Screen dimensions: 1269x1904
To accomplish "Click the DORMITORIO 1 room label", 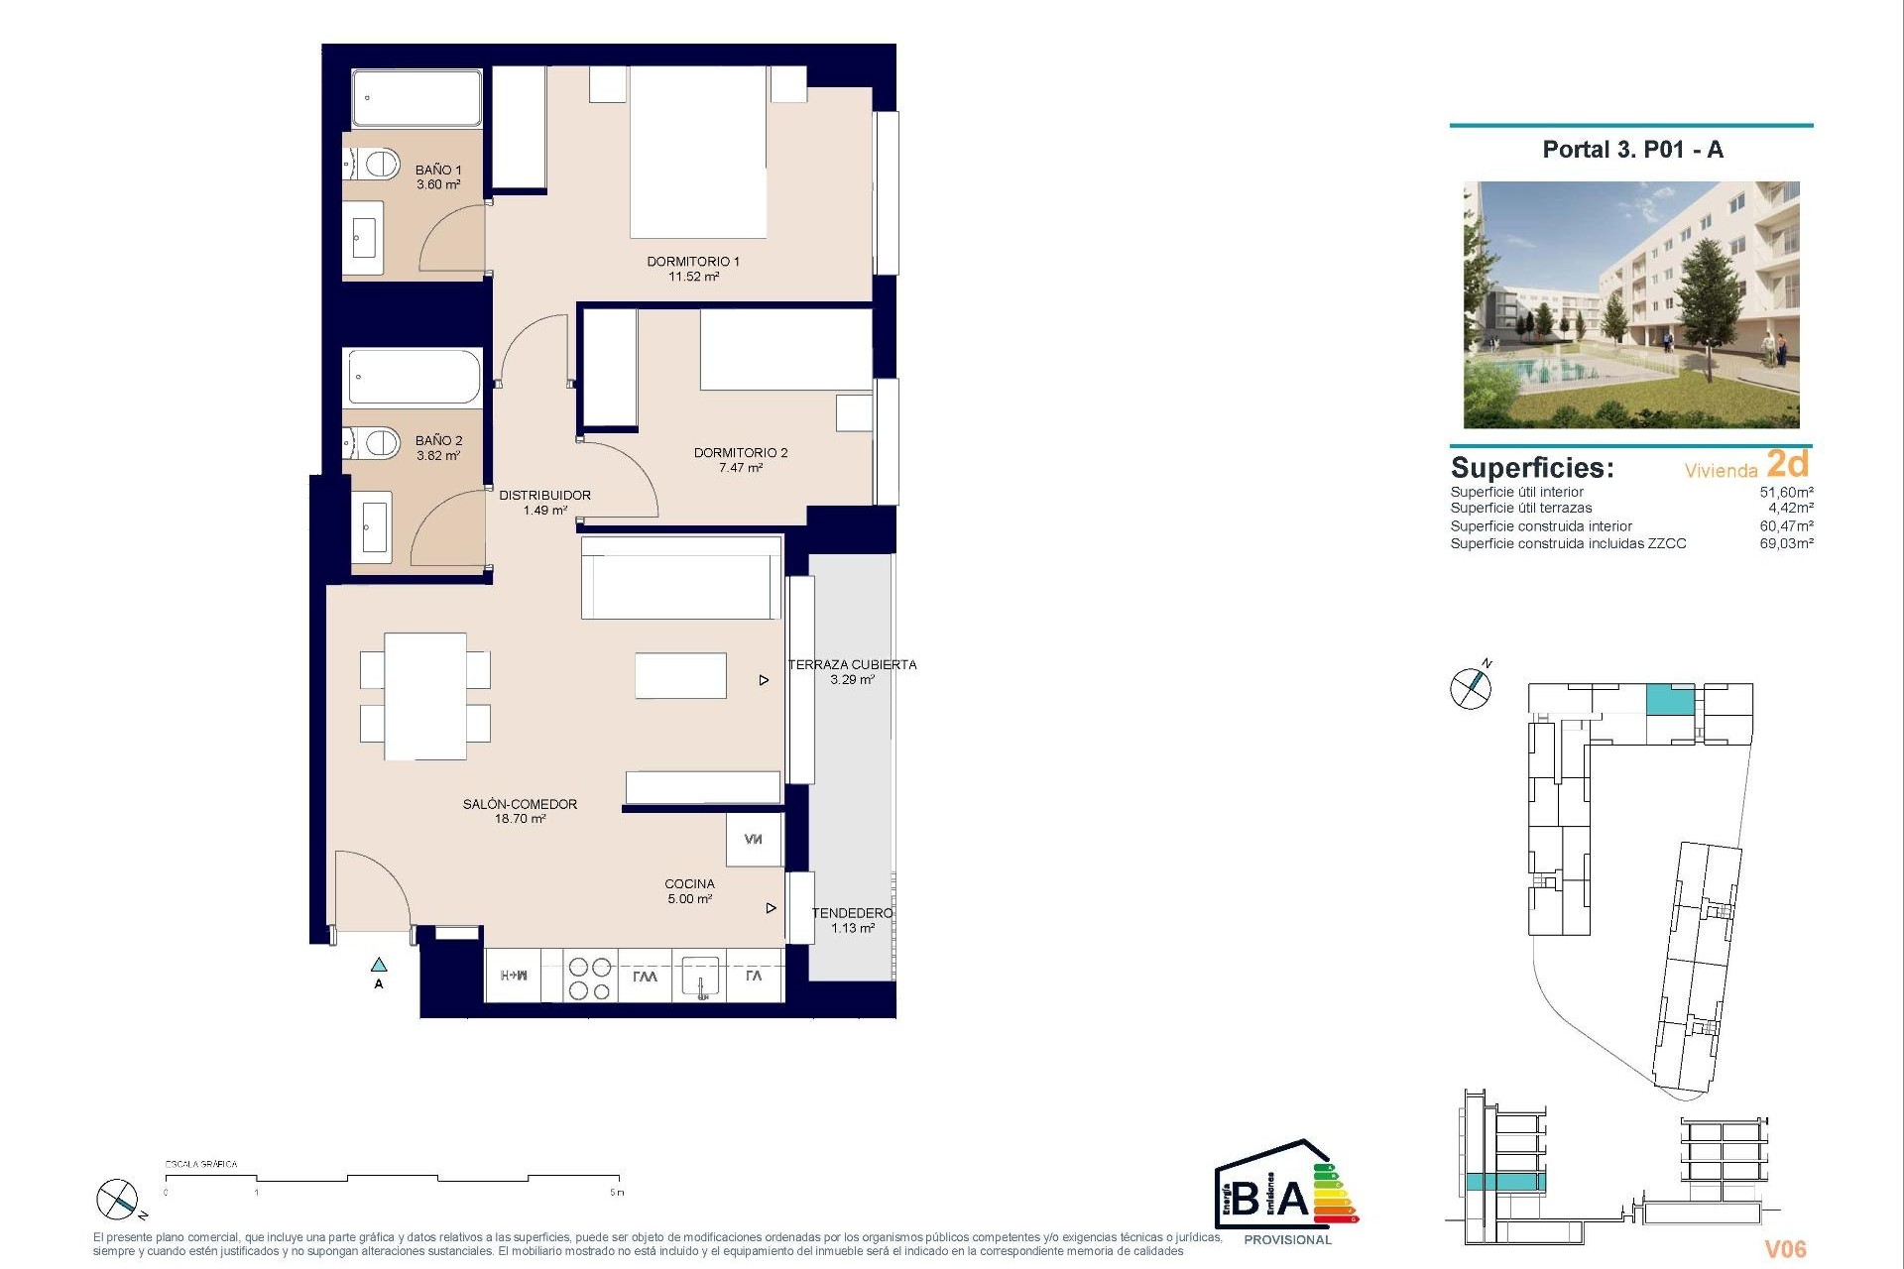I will (x=693, y=269).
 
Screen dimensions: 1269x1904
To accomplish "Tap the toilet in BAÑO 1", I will (x=376, y=164).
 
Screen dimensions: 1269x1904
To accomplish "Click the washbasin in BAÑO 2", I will (x=374, y=526).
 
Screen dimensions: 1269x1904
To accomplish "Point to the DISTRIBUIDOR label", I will (x=544, y=503).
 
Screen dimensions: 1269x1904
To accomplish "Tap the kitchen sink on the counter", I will (x=700, y=976).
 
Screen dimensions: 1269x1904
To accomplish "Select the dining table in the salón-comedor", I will (x=424, y=696).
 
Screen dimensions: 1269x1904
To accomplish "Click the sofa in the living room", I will (x=681, y=578).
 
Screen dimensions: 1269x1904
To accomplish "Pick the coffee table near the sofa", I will (x=680, y=675).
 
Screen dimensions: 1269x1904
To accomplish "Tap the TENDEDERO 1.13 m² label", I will (x=852, y=920).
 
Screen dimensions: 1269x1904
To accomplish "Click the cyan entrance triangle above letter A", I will (x=379, y=965).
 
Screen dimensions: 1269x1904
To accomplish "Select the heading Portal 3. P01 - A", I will (x=1632, y=150).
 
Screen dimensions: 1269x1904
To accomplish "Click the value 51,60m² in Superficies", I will (x=1786, y=492).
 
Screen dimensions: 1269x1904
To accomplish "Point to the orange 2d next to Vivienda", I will (x=1788, y=464).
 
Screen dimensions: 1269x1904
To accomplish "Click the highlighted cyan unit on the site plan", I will (x=1669, y=701).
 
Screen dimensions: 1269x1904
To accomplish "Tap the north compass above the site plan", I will (x=1471, y=687).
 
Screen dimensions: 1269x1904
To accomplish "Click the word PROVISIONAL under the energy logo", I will (x=1287, y=1240).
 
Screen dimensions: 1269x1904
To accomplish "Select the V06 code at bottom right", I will (x=1785, y=1249).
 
